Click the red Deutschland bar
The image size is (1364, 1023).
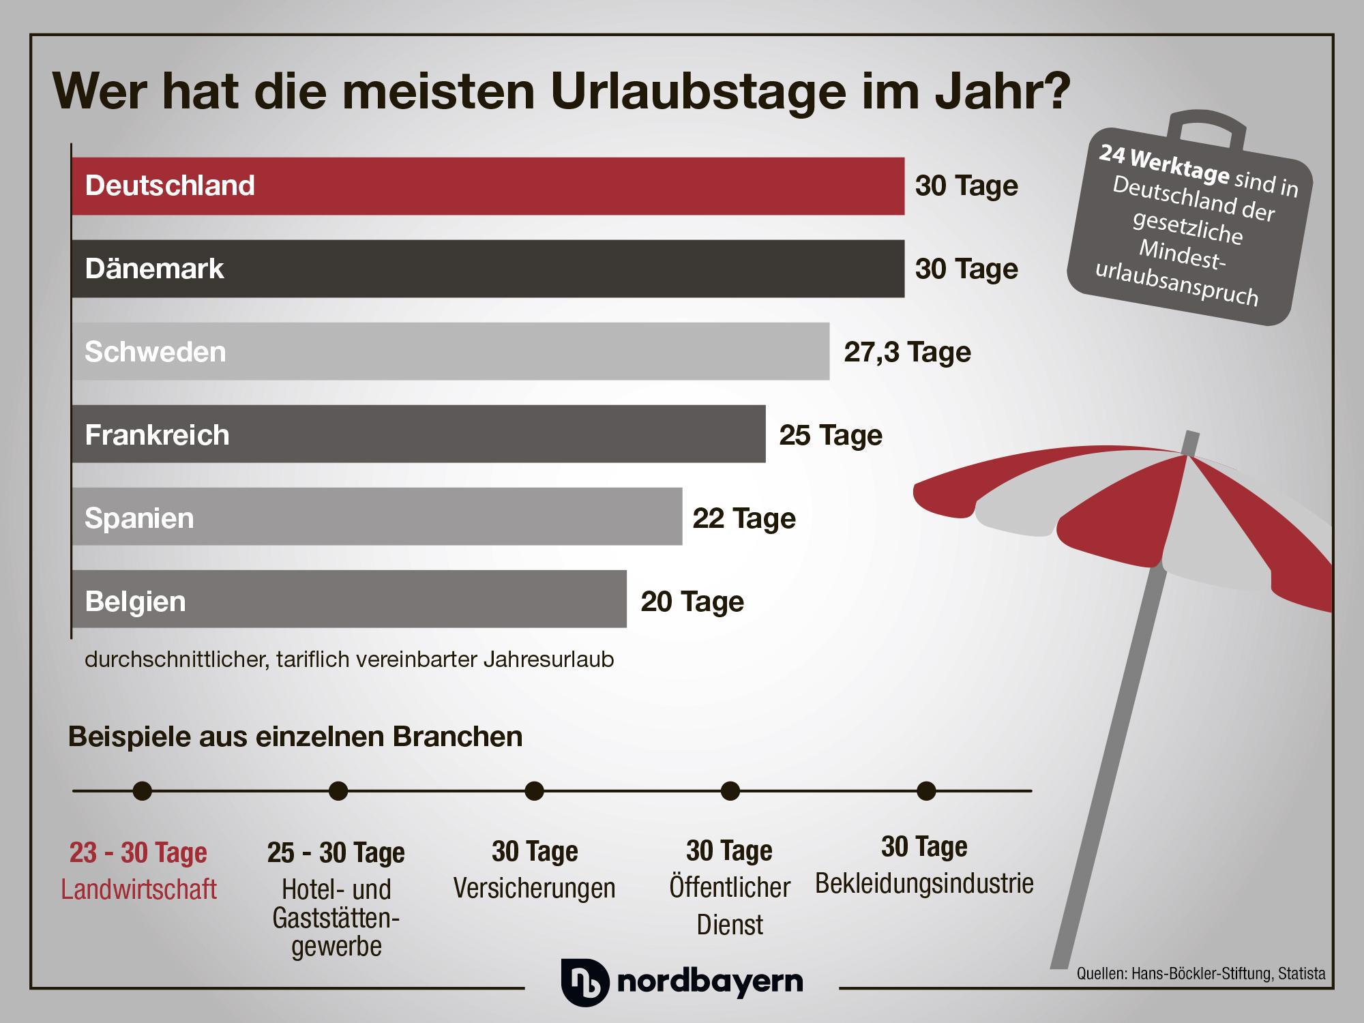click(x=488, y=186)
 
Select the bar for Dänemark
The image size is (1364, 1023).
click(x=488, y=269)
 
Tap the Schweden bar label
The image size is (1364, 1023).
click(x=155, y=352)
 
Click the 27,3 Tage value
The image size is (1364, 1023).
click(x=907, y=352)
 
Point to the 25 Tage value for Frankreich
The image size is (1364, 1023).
click(x=831, y=435)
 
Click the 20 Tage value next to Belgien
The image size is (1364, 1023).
click(x=692, y=602)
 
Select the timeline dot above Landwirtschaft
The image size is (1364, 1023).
click(x=143, y=791)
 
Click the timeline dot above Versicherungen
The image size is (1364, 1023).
click(x=535, y=791)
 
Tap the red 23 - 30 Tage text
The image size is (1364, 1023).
click(x=138, y=853)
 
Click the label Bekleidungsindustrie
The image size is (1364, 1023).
click(x=924, y=883)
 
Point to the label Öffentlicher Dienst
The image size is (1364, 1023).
click(x=730, y=906)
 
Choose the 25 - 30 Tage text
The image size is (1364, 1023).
click(x=336, y=853)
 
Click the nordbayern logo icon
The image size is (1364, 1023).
click(x=584, y=981)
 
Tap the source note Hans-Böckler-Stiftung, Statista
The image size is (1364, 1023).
click(x=1200, y=974)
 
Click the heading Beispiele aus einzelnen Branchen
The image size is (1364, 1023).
click(x=295, y=737)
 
